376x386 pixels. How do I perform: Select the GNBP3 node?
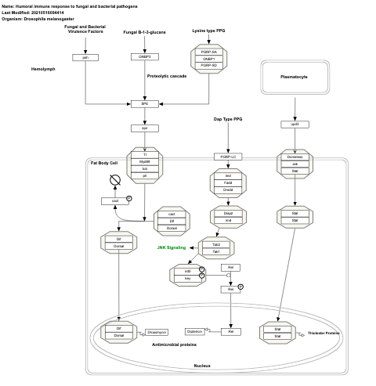[144, 57]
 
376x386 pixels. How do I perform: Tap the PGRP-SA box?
[208, 52]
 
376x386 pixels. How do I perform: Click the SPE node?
[144, 103]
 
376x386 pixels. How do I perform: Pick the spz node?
[144, 128]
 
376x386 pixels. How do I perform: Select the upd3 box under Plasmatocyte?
[295, 124]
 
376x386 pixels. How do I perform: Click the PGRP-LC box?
[228, 157]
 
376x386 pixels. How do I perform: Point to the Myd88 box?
[144, 162]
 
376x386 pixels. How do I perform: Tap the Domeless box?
[295, 157]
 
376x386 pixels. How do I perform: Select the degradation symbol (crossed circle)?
[115, 181]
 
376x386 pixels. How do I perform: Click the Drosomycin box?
[157, 332]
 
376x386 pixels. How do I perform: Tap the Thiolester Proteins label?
[324, 334]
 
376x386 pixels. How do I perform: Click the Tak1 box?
[216, 251]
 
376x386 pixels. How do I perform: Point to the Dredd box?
[228, 189]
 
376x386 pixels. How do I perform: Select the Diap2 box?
[228, 213]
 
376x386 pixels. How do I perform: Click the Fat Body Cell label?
[104, 163]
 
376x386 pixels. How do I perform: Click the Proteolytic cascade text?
[167, 76]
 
